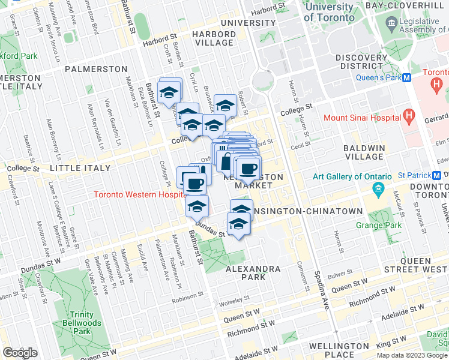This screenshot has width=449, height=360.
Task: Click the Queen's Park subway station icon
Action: [406, 77]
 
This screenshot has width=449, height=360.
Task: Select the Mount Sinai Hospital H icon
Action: [409, 114]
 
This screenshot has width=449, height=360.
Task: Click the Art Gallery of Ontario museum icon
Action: [378, 191]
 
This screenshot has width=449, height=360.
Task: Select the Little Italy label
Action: [81, 169]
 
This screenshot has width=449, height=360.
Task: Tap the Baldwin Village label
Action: [367, 152]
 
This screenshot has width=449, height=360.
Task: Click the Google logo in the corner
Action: [20, 352]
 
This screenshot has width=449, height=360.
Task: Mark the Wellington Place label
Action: [340, 350]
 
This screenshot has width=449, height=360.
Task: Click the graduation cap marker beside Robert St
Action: [225, 106]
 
